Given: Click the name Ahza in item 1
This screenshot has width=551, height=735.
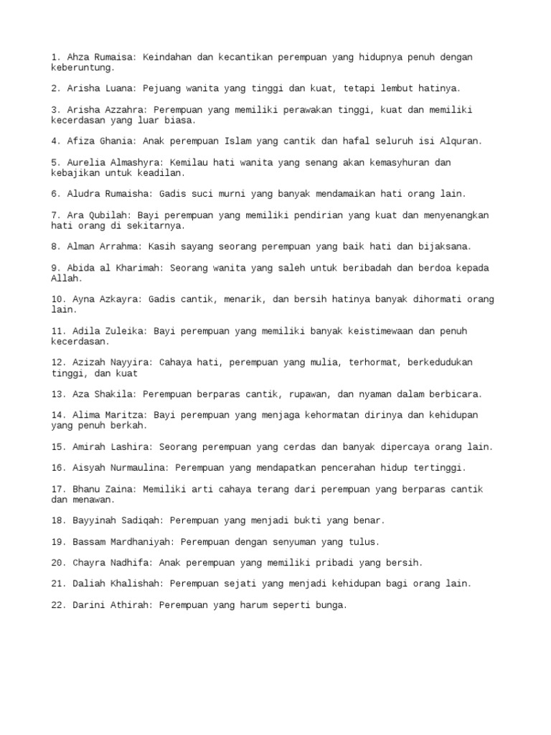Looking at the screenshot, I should point(78,57).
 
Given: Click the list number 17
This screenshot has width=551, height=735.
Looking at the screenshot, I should point(58,490).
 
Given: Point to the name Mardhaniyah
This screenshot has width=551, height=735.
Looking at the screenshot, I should point(140,542).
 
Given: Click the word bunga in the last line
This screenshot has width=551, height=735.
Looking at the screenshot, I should point(329,605).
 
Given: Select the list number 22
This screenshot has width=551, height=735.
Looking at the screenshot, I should point(58,605).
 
